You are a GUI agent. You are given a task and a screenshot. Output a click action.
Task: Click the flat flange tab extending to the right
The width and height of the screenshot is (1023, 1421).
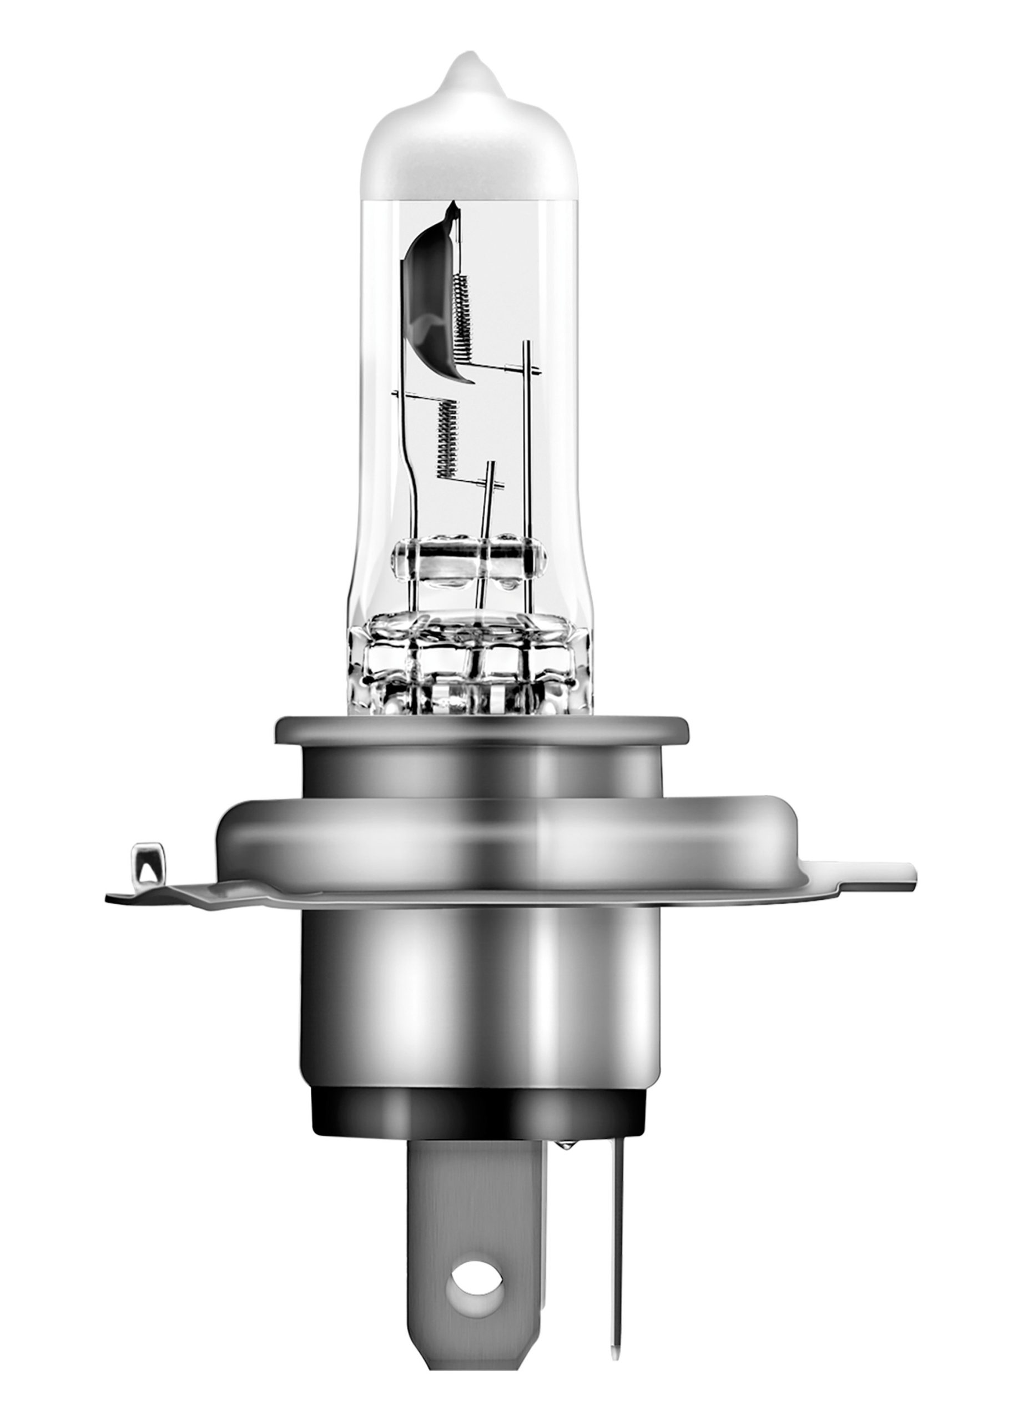tap(877, 877)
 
